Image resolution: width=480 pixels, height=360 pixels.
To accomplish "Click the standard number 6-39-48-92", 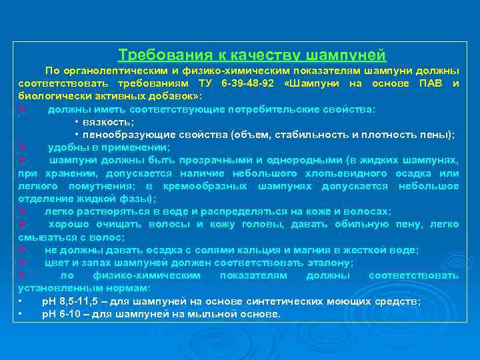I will tap(247, 83).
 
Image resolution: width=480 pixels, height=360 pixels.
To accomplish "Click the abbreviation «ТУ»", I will tap(202, 83).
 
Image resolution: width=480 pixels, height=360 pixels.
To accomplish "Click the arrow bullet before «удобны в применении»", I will tap(22, 147).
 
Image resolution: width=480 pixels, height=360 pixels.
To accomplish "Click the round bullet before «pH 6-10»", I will tap(22, 314).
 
